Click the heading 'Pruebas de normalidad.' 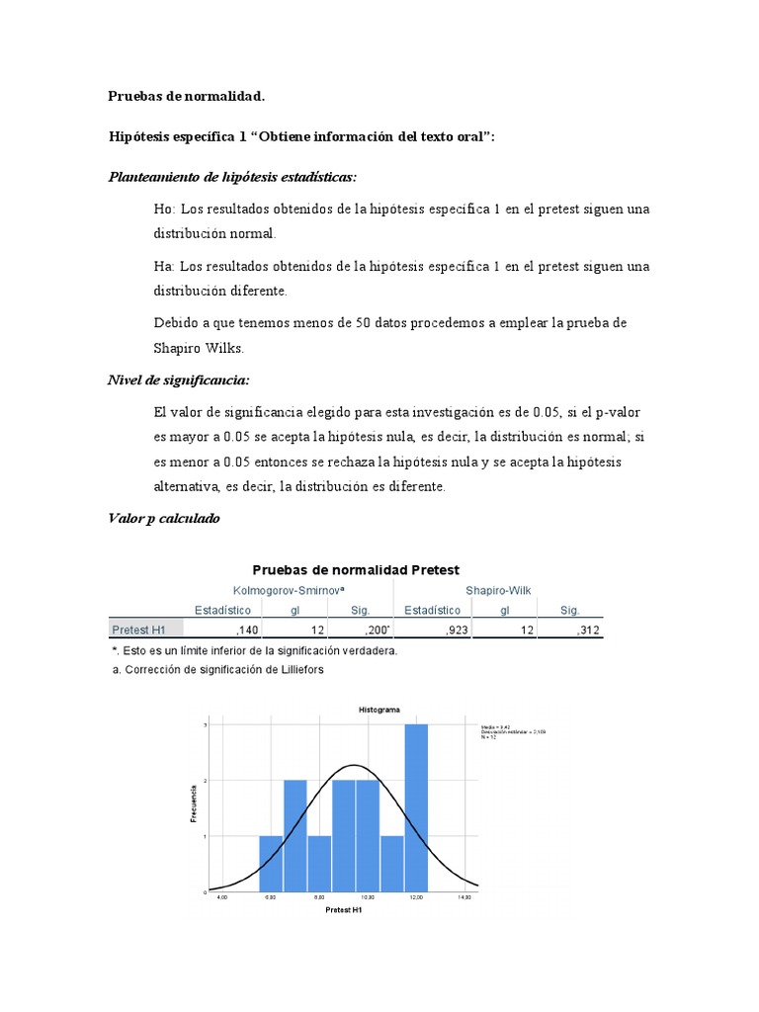click(187, 96)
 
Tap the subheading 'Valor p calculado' click(164, 519)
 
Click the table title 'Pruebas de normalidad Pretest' click(356, 569)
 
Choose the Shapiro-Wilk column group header click(498, 590)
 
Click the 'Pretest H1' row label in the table click(138, 631)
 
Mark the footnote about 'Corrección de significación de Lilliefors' click(217, 669)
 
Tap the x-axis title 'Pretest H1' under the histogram click(343, 910)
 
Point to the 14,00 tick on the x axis click(464, 897)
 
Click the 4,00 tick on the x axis click(222, 897)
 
